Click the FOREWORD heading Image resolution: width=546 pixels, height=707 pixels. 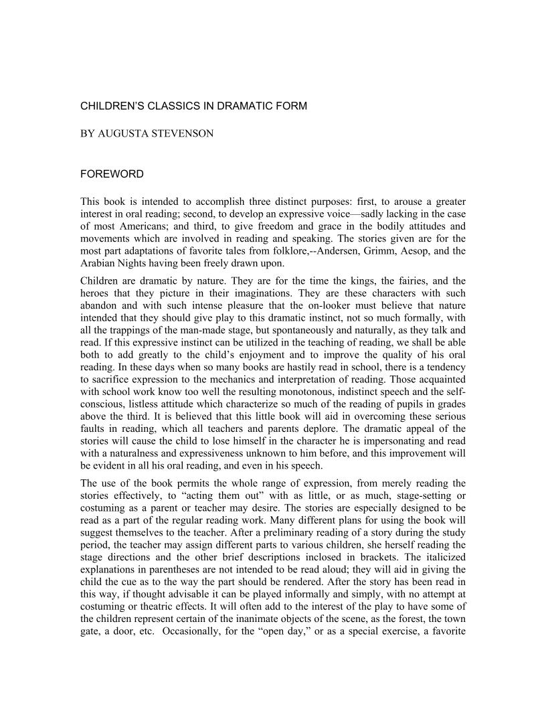112,174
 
